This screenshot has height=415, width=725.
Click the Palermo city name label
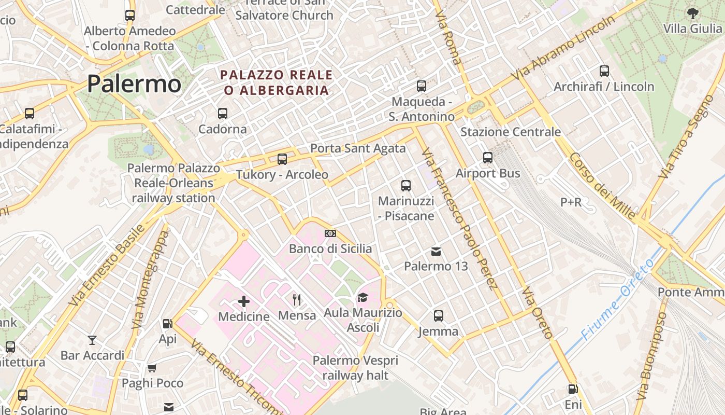[134, 84]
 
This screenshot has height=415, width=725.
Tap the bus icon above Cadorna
[223, 113]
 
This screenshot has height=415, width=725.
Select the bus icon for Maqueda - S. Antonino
[422, 86]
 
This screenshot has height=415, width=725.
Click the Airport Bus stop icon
[487, 158]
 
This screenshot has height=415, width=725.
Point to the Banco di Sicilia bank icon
[330, 233]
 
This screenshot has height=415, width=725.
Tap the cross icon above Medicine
[244, 301]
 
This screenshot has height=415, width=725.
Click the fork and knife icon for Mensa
[297, 299]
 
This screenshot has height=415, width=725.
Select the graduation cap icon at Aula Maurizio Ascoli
[363, 297]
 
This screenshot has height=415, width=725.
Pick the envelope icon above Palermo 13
[436, 252]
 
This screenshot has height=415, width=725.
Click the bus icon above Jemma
[439, 315]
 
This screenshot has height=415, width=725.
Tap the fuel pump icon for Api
[167, 324]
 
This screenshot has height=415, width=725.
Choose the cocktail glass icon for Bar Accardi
[92, 340]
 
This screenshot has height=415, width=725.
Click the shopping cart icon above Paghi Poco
[152, 368]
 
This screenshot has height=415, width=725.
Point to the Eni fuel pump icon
[573, 389]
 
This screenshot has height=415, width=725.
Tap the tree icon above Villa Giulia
[692, 13]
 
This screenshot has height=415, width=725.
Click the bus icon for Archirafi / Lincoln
[604, 71]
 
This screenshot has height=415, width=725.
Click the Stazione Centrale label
[510, 132]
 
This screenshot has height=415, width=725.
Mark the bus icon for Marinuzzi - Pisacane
[406, 185]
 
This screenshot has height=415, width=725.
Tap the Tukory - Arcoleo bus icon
[282, 159]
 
